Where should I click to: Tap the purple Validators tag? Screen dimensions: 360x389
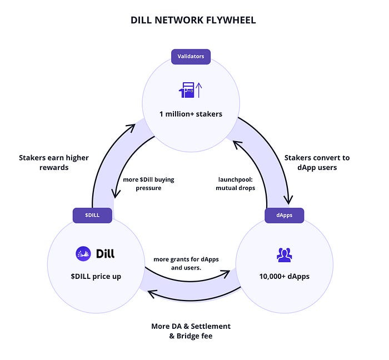(x=191, y=56)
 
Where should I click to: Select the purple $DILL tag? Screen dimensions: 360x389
(x=93, y=215)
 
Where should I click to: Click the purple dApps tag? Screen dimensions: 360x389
(x=284, y=215)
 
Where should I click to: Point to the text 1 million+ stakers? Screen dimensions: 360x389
(x=191, y=114)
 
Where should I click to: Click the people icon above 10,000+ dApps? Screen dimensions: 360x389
(x=284, y=254)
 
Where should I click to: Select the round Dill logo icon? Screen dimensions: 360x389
(x=83, y=254)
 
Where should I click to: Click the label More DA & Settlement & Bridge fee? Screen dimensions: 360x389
(x=191, y=331)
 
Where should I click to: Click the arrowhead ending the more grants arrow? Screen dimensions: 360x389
(x=227, y=273)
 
